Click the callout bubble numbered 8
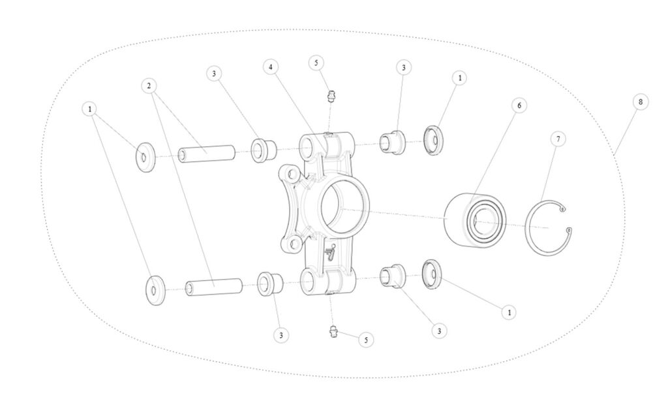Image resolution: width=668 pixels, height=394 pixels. click(x=641, y=102)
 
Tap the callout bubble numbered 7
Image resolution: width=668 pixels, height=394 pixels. click(x=558, y=139)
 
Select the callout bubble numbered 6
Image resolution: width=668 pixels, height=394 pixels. click(x=519, y=105)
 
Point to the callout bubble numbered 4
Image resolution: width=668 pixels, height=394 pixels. click(x=271, y=67)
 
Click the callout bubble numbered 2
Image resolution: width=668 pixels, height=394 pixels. click(x=149, y=86)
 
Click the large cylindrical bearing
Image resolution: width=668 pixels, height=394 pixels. click(x=475, y=220)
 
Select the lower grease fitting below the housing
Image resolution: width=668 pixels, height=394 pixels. click(x=333, y=331)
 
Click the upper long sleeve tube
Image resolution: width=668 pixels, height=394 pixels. click(x=207, y=154)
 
